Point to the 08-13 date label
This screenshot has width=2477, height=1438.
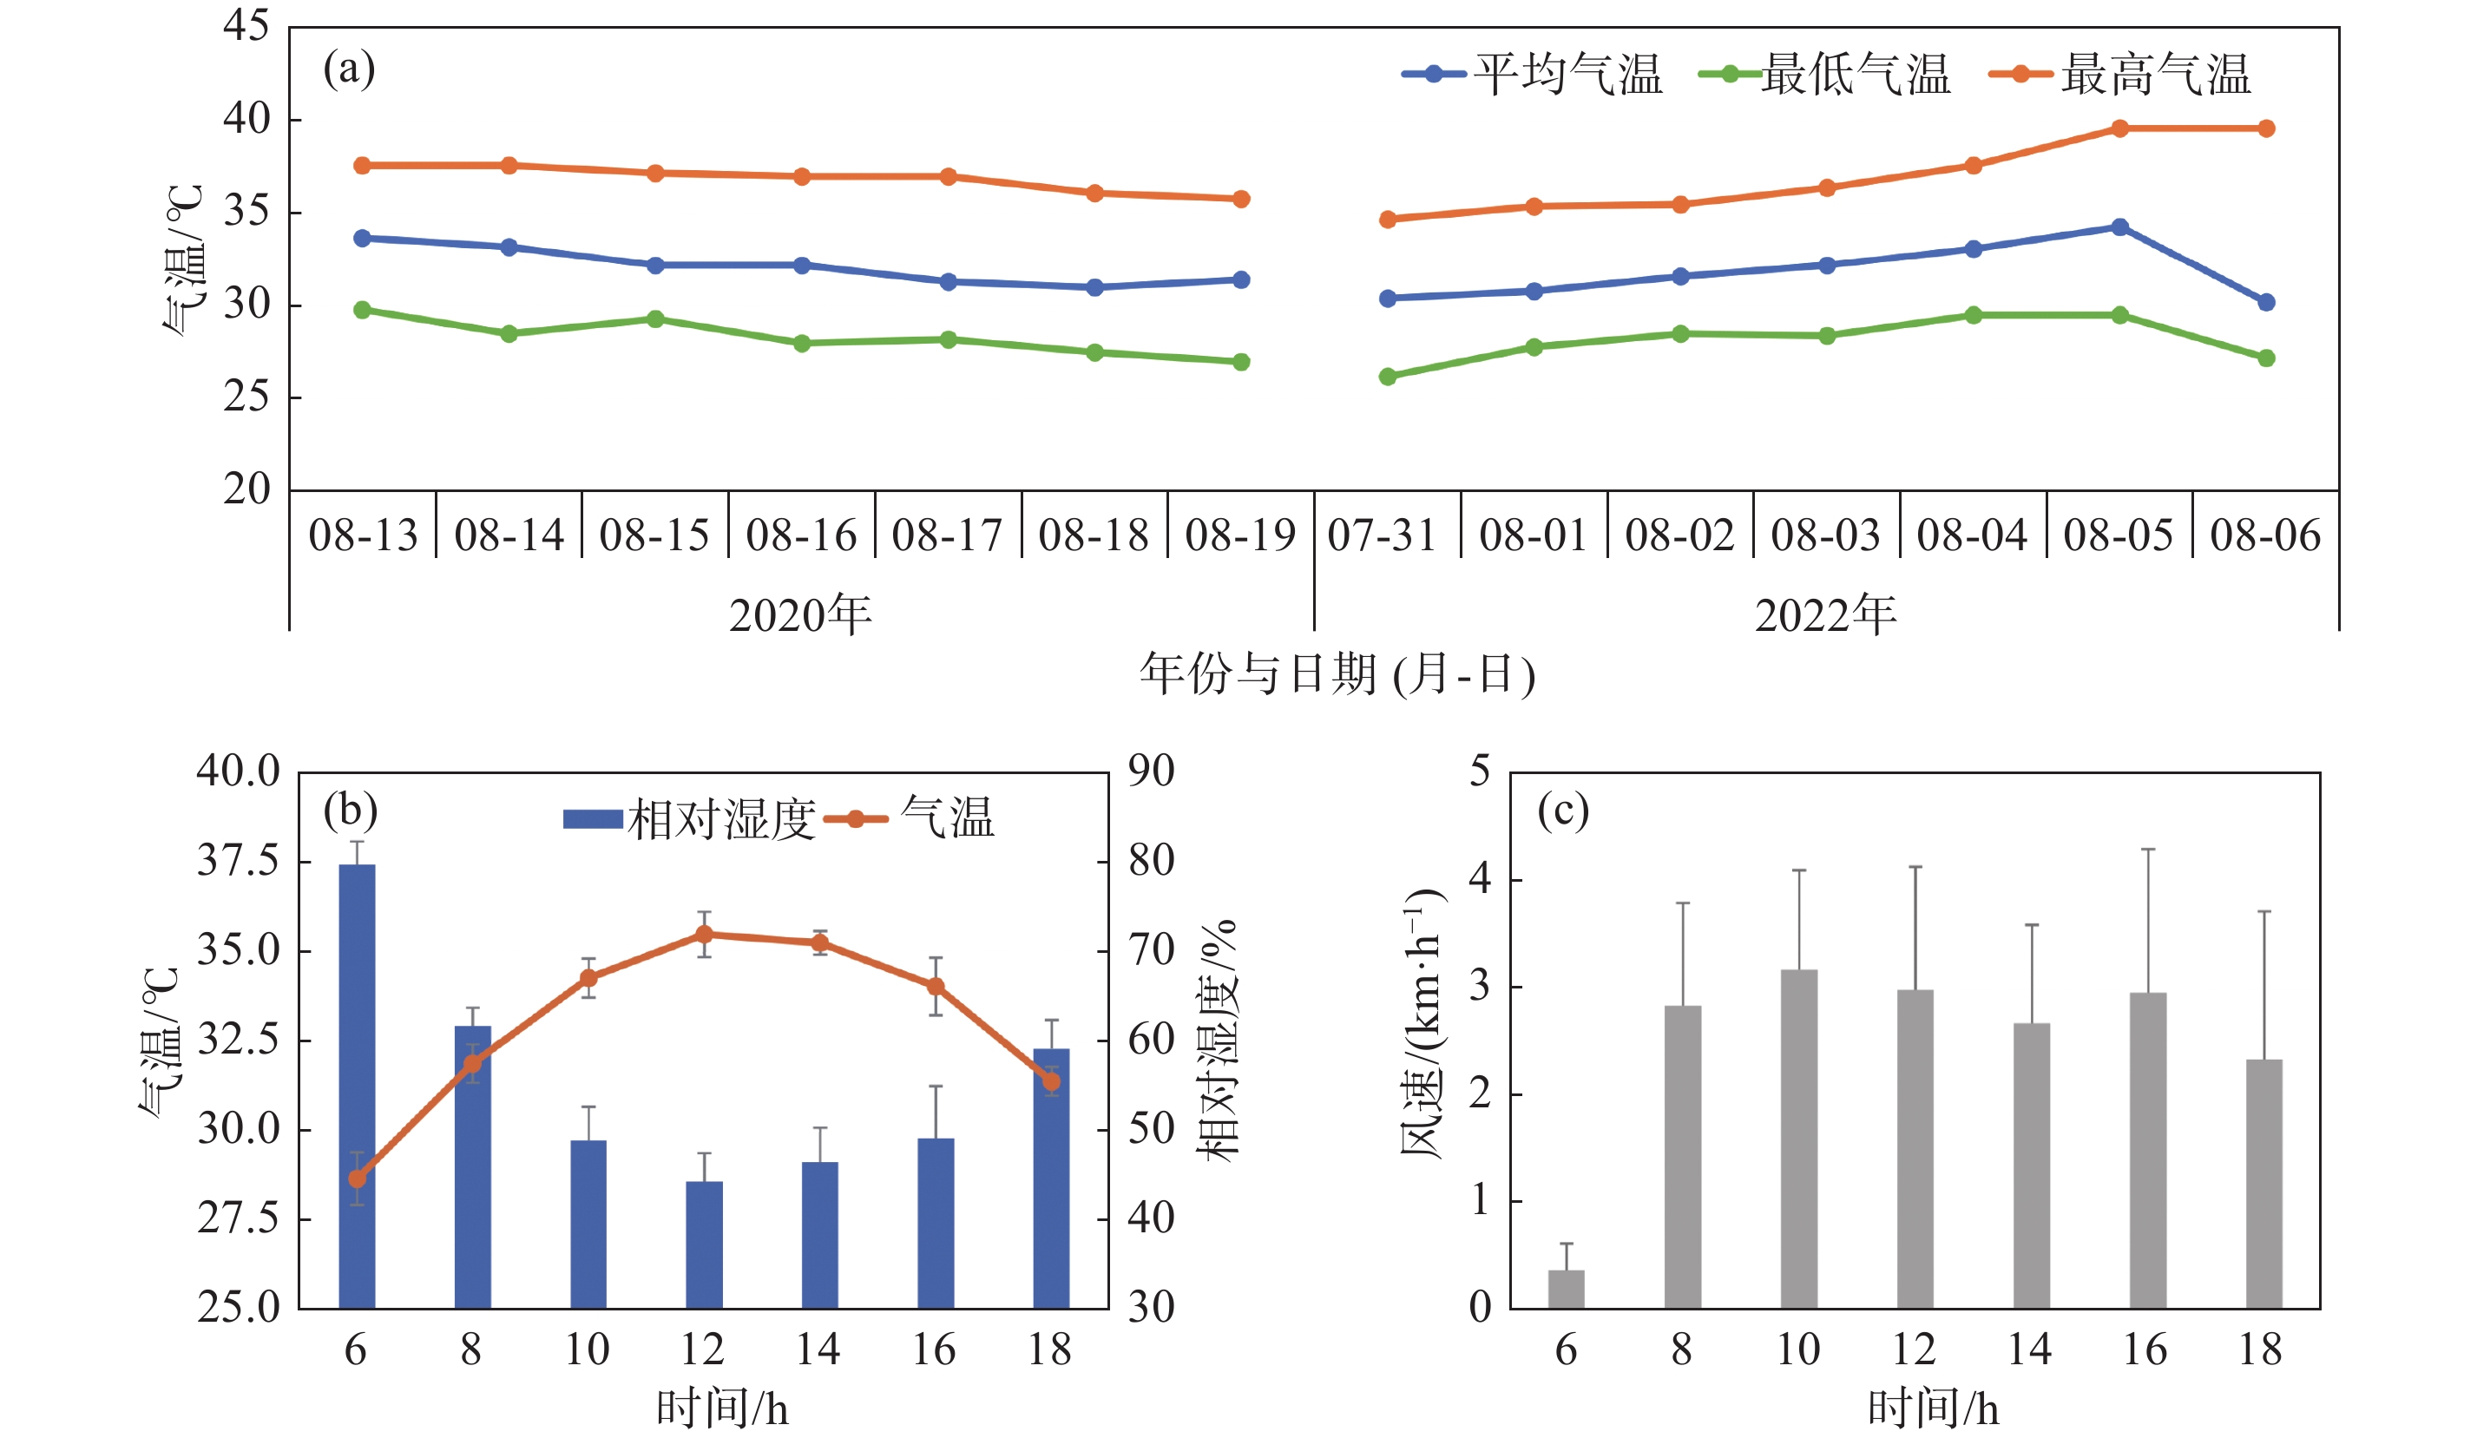point(363,535)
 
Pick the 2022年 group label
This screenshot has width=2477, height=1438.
point(1825,615)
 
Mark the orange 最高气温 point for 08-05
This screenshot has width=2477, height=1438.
point(2119,128)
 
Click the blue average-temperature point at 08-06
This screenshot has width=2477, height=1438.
point(2266,302)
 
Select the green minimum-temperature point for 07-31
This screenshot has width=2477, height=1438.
point(1388,377)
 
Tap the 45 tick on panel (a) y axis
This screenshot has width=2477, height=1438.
point(246,25)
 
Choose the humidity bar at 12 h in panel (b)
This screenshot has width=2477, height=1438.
point(704,1244)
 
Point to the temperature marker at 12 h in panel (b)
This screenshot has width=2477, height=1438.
point(704,934)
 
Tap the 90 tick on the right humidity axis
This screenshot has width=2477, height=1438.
point(1151,771)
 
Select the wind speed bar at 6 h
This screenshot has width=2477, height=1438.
point(1566,1289)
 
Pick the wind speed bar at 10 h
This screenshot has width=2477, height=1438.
point(1799,1139)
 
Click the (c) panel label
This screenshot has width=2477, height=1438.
point(1563,810)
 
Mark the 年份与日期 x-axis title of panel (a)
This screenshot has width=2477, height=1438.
point(1337,674)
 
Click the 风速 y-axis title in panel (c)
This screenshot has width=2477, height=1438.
point(1422,1024)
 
